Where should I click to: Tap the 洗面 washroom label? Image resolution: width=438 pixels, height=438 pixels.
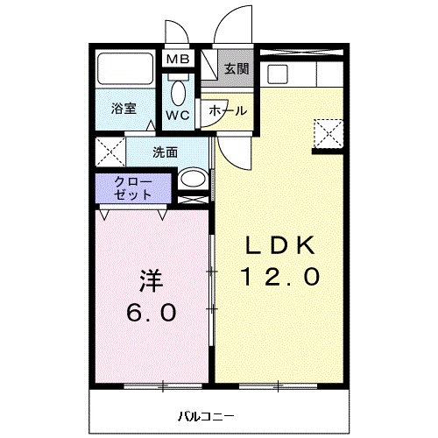point(165,152)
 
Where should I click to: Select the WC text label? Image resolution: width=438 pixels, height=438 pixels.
point(179,115)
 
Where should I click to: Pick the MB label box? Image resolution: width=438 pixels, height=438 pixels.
point(178,60)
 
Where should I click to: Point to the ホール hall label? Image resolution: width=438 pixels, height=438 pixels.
point(226,111)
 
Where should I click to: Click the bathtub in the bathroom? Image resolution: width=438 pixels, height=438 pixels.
point(125,68)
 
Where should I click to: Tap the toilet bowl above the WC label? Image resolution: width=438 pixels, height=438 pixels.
point(179,91)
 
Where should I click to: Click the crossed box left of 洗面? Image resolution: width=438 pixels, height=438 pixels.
point(110,152)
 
